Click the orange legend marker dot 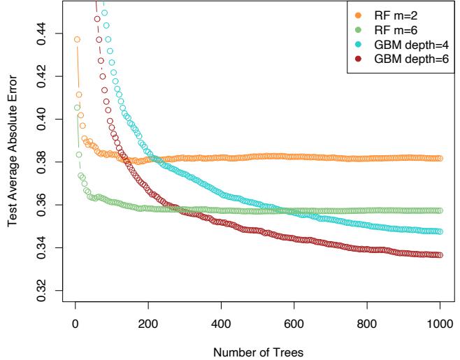coord(358,13)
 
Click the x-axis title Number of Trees coord(257,352)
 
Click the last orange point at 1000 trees coord(440,159)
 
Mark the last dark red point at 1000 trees coord(440,255)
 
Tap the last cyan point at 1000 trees coord(440,231)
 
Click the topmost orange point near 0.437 coord(77,39)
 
